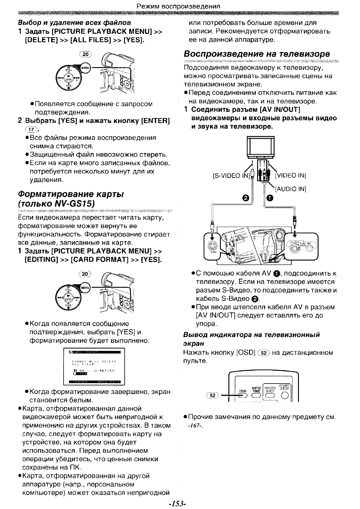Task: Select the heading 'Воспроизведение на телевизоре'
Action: [x=257, y=54]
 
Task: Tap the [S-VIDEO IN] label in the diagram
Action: [x=231, y=176]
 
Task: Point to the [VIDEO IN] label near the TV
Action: [x=290, y=176]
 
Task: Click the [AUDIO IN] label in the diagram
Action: [x=290, y=189]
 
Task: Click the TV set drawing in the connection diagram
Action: [x=261, y=147]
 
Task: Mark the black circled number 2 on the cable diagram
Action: [x=246, y=198]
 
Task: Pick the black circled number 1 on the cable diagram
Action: [x=270, y=198]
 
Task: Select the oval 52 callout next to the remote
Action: [x=213, y=395]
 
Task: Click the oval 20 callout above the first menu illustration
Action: [x=85, y=54]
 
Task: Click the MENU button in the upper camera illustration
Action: [x=86, y=68]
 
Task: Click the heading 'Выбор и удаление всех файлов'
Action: [x=74, y=22]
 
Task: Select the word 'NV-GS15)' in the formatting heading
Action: [x=75, y=203]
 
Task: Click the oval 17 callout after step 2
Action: [x=31, y=130]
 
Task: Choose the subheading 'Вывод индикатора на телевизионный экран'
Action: [x=251, y=339]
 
